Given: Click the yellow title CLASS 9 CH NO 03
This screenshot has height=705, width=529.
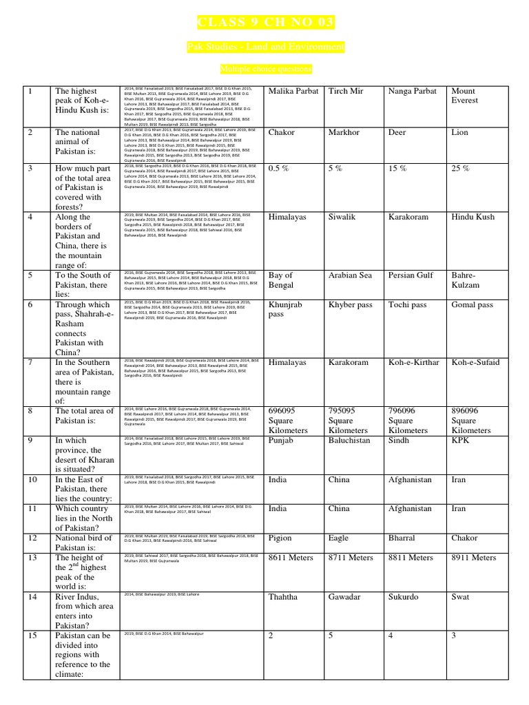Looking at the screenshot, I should pos(265,23).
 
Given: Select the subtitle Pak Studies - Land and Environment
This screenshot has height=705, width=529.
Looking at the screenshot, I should pos(265,47).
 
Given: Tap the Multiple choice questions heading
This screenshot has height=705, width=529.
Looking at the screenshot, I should pos(265,69).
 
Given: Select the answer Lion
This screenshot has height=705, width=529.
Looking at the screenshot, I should pos(459,132).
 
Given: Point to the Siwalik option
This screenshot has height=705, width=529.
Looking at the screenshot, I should pos(345,217).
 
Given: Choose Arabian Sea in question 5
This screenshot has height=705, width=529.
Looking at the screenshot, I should pos(351,275).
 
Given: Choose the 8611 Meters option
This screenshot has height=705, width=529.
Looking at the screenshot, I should pos(291,558).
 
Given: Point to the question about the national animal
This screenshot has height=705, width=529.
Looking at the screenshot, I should pos(77,142).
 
